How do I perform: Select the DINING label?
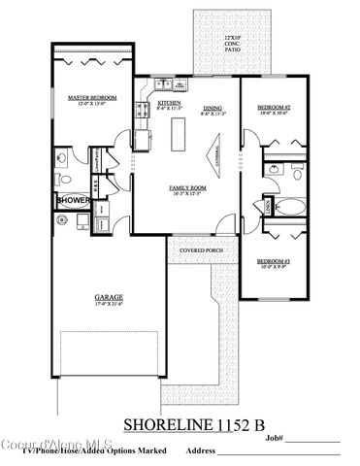pyautogui.click(x=213, y=108)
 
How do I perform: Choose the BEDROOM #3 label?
pyautogui.click(x=275, y=261)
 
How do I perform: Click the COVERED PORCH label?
pyautogui.click(x=203, y=249)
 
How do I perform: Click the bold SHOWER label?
pyautogui.click(x=74, y=200)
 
